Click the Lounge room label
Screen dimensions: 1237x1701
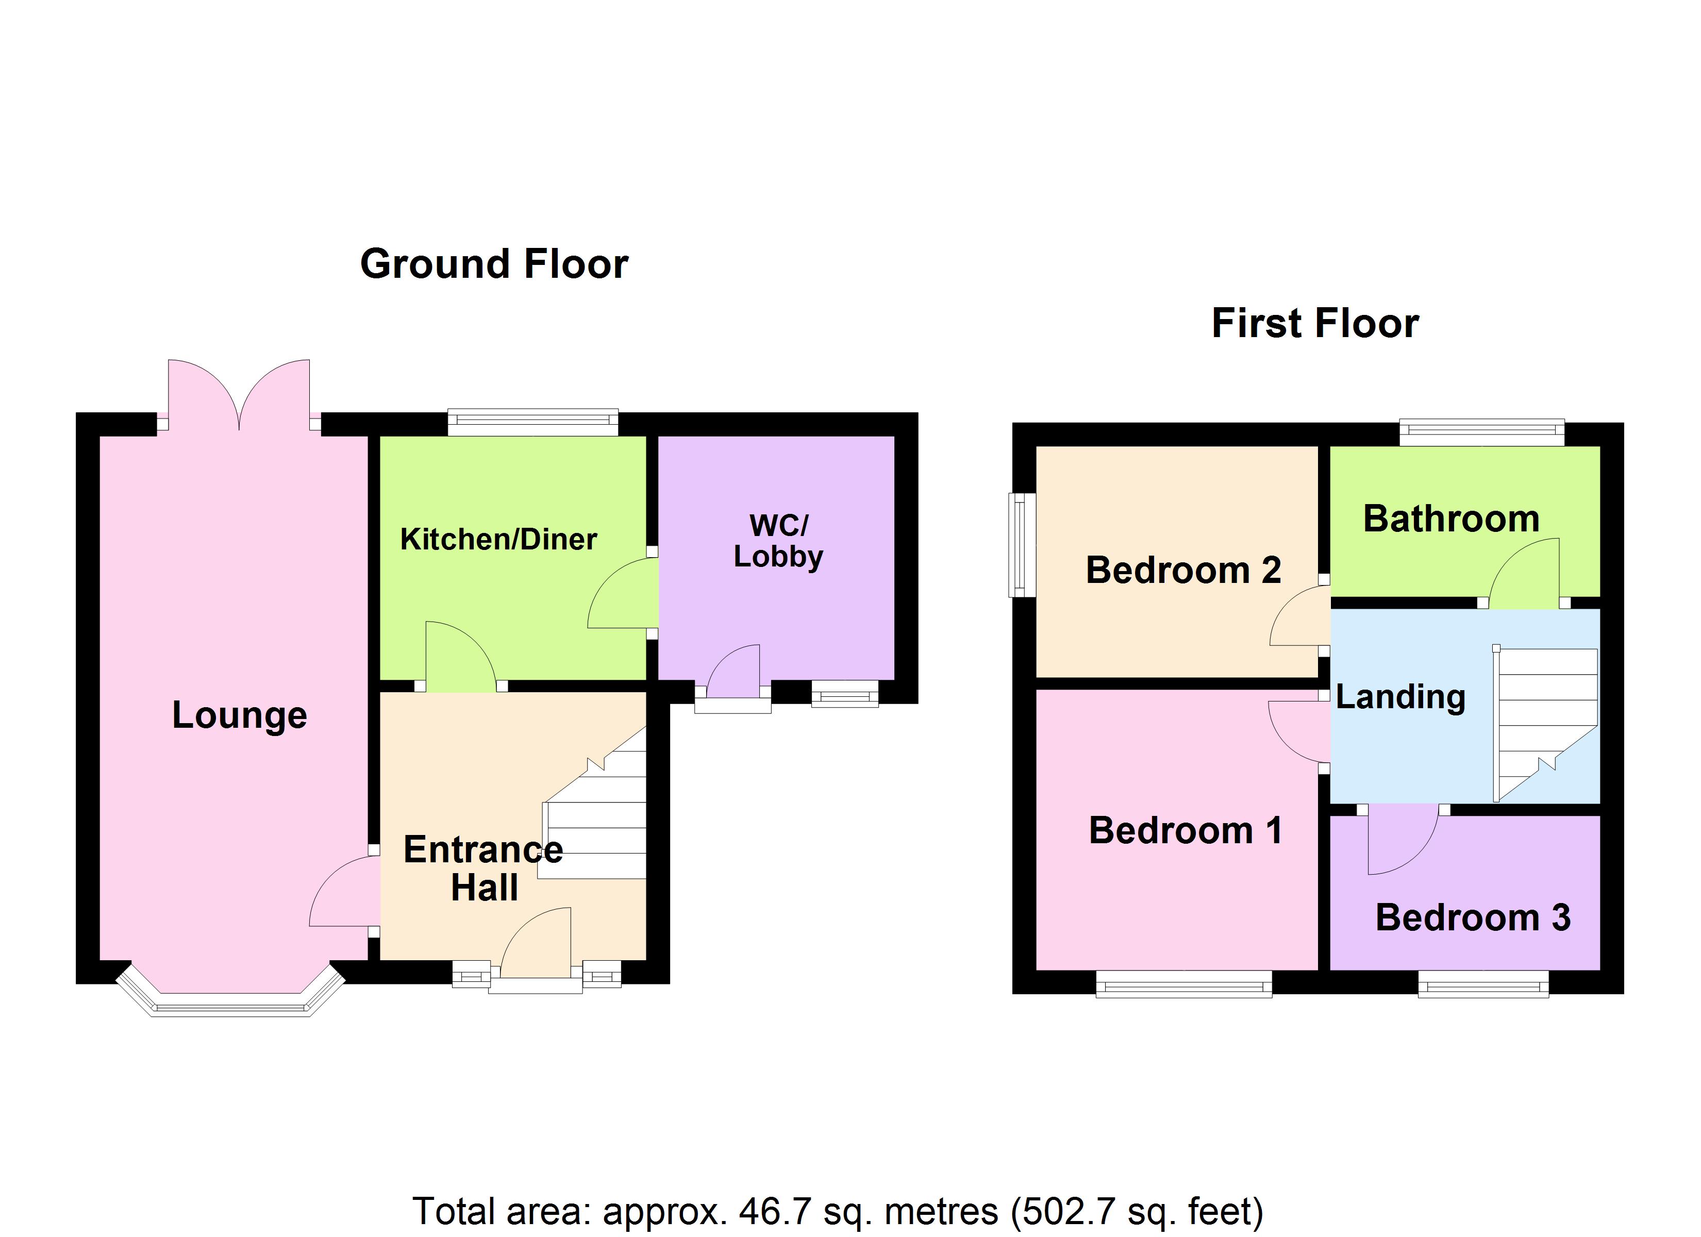(239, 715)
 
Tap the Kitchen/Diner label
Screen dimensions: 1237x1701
(498, 539)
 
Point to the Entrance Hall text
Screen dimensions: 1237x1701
(483, 868)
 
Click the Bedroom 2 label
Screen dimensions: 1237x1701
(1183, 570)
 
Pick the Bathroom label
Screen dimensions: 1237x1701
(1450, 519)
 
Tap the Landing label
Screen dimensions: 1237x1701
(1400, 697)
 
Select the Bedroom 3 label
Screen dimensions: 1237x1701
(1472, 917)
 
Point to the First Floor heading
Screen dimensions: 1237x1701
(1315, 323)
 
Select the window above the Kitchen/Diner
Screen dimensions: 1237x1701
(532, 422)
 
